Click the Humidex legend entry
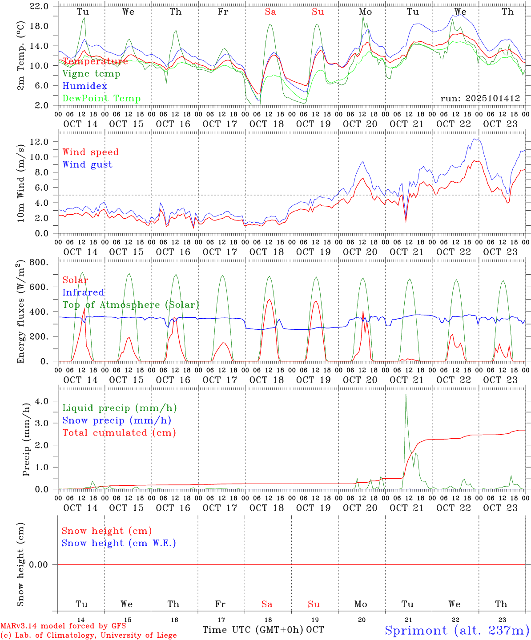(x=84, y=86)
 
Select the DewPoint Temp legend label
(x=101, y=98)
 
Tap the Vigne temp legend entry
(x=91, y=73)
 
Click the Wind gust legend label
(x=87, y=164)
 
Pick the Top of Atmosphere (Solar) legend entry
(x=131, y=305)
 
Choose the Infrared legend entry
(x=83, y=292)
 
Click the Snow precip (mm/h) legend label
(x=117, y=420)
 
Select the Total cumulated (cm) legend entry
(x=119, y=433)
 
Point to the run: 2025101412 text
(x=480, y=98)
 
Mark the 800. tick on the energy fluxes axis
(x=40, y=262)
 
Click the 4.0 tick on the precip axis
(x=44, y=401)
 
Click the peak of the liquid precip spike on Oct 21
(x=406, y=394)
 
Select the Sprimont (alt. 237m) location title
(x=456, y=630)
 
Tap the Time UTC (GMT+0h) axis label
(x=253, y=630)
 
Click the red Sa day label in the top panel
(x=270, y=12)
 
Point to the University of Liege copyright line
(x=88, y=635)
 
